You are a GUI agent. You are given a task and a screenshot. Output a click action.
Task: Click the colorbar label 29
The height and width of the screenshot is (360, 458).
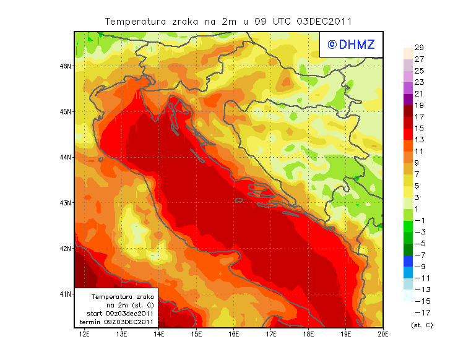pyautogui.click(x=419, y=48)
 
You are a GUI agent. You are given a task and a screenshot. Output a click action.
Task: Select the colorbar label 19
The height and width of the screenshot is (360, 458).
pyautogui.click(x=419, y=105)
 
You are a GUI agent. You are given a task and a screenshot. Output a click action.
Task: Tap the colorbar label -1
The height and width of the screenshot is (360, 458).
pyautogui.click(x=419, y=220)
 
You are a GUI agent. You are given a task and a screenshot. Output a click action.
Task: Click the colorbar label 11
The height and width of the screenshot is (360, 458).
pyautogui.click(x=419, y=151)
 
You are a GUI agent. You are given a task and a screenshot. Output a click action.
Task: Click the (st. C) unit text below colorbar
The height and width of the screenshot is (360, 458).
pyautogui.click(x=422, y=325)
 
